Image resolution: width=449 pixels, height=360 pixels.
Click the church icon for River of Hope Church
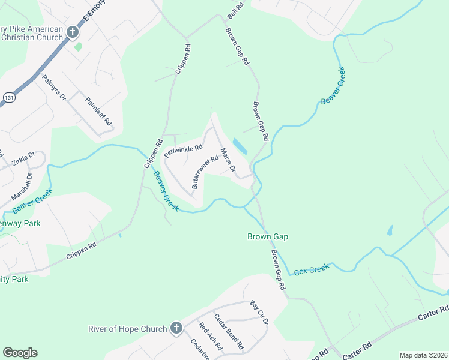pos(176,328)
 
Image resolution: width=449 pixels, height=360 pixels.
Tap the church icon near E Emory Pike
pos(73,32)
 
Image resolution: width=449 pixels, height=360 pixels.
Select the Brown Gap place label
pos(268,236)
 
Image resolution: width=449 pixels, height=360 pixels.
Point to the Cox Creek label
pos(312,270)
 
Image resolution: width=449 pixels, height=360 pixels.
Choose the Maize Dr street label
pos(228,160)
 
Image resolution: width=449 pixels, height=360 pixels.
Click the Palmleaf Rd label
pos(99,111)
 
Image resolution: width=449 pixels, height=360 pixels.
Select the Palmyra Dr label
pos(54,88)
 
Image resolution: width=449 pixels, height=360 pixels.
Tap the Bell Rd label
pos(235,9)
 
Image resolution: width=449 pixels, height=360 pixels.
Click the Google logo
pos(20,353)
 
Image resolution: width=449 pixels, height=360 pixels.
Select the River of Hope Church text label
pos(127,329)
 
